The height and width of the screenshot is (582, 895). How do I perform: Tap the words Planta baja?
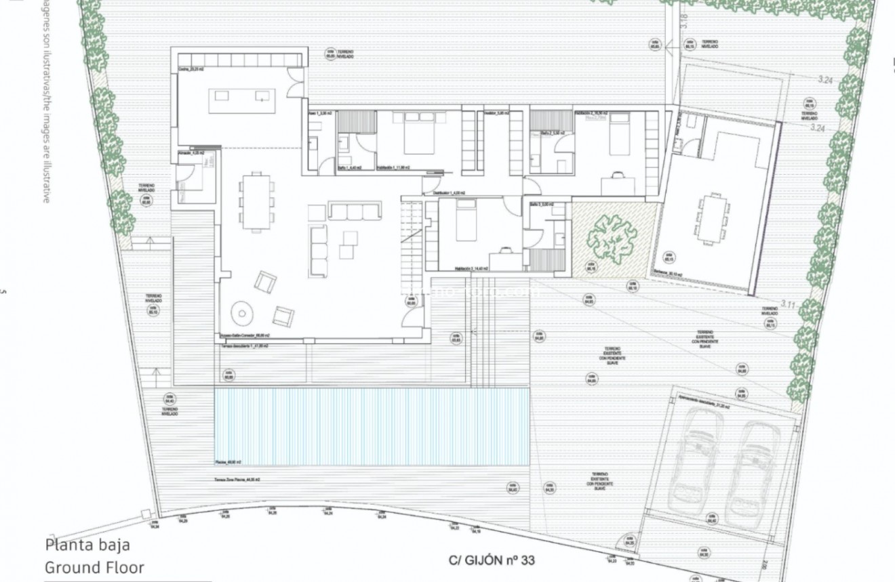pos(87,545)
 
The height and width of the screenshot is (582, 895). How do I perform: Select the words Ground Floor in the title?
pos(94,567)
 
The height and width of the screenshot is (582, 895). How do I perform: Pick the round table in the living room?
pos(241,312)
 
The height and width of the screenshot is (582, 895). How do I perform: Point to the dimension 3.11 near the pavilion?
pos(787,305)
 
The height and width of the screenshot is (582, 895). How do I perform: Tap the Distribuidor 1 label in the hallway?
pos(449,193)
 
